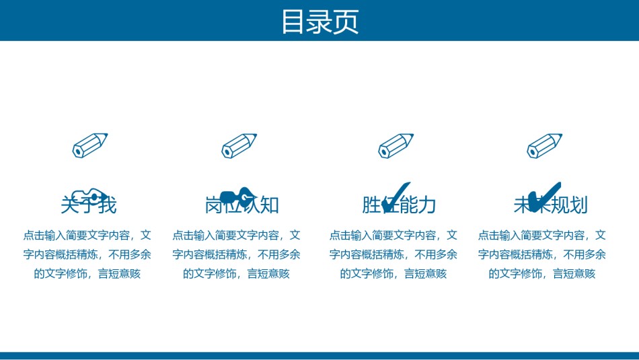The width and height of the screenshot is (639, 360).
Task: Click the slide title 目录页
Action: (319, 21)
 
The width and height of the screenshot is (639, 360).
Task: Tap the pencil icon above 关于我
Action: (90, 145)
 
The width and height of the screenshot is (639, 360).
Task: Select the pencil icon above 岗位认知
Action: (239, 145)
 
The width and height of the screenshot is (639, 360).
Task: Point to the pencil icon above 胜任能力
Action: (396, 145)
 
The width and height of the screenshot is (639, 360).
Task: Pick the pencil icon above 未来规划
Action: (544, 145)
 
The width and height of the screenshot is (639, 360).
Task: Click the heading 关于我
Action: (88, 205)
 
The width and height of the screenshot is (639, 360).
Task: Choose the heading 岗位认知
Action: (241, 205)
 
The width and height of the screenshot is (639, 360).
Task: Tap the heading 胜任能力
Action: (399, 205)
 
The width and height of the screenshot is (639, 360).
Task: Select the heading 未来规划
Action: (550, 205)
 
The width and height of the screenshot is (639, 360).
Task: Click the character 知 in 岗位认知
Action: (270, 205)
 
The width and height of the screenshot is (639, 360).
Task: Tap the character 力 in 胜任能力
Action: (427, 205)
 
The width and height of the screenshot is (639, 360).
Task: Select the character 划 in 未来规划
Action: (578, 205)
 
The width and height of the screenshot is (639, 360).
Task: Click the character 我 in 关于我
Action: (107, 205)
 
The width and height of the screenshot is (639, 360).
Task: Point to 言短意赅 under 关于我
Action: (120, 274)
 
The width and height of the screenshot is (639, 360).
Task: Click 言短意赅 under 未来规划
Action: (574, 274)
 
